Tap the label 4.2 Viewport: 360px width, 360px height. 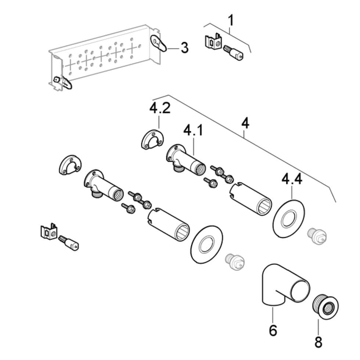[x=160, y=109]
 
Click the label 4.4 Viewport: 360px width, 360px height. [x=292, y=180]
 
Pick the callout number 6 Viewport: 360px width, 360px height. [x=273, y=331]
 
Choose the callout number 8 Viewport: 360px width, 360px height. [x=318, y=342]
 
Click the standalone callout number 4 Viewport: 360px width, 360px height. [x=245, y=123]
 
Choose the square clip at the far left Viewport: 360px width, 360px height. [x=48, y=232]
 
